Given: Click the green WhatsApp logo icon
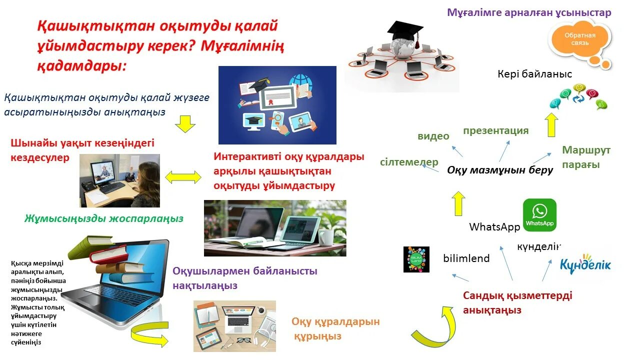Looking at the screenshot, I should [539, 215].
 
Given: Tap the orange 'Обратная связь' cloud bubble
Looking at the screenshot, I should [579, 40].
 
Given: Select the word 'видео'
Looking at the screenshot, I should [433, 136].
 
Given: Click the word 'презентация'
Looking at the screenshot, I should [495, 131].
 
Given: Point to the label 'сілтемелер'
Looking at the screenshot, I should [409, 162].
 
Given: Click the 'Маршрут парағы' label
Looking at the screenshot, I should [586, 157].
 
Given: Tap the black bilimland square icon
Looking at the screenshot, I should [416, 259].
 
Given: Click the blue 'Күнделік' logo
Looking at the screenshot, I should [584, 263].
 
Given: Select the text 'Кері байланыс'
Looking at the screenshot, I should [534, 74].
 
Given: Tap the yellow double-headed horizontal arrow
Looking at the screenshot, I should [183, 176].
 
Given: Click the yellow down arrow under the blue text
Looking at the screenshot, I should [185, 123].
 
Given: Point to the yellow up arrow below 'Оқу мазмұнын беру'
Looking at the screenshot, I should [458, 203].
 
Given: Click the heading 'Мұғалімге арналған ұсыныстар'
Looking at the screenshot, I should [529, 13].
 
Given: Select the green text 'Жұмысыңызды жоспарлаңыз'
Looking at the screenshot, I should [104, 218].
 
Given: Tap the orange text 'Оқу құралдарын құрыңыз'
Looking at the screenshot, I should [335, 328].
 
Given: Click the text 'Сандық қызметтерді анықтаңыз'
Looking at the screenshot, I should [517, 302].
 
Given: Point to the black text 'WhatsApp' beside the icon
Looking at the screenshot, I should [494, 227].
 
